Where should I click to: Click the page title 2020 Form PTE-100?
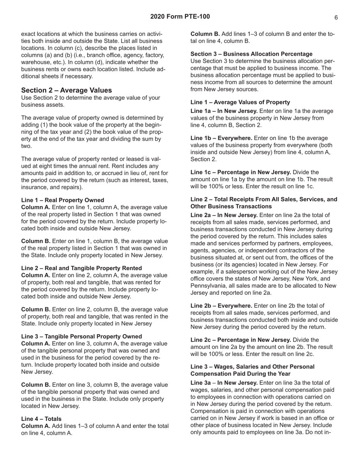point(180,17)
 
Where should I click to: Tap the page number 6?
point(336,17)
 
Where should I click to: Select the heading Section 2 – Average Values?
point(66,90)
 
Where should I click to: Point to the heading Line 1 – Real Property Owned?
point(63,200)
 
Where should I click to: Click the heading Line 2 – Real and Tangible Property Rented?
point(81,268)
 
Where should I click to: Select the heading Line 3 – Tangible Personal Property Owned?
point(81,336)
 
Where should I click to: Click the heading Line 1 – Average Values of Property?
point(240,102)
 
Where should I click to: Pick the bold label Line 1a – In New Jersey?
point(224,111)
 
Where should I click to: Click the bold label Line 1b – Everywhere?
point(221,138)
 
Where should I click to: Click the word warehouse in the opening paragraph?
point(36,62)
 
